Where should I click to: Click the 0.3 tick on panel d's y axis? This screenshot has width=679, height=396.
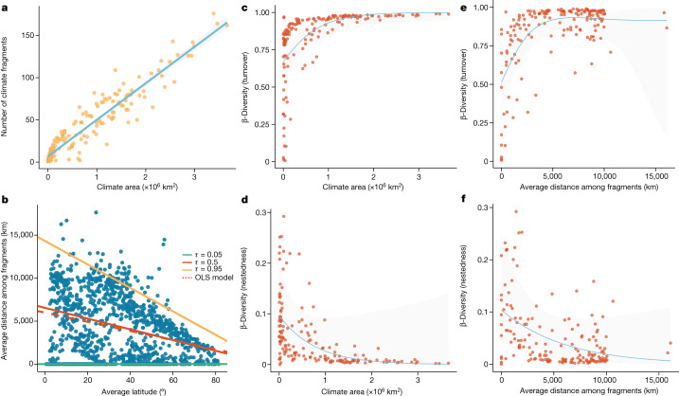click(x=261, y=205)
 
